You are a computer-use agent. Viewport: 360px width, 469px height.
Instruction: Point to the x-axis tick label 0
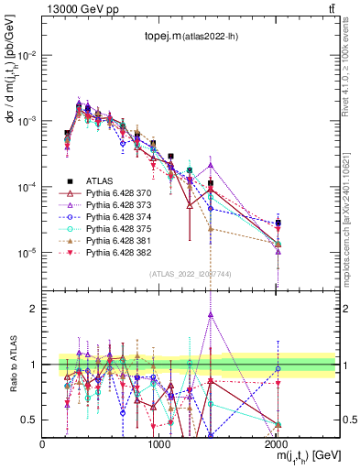click(42, 443)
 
